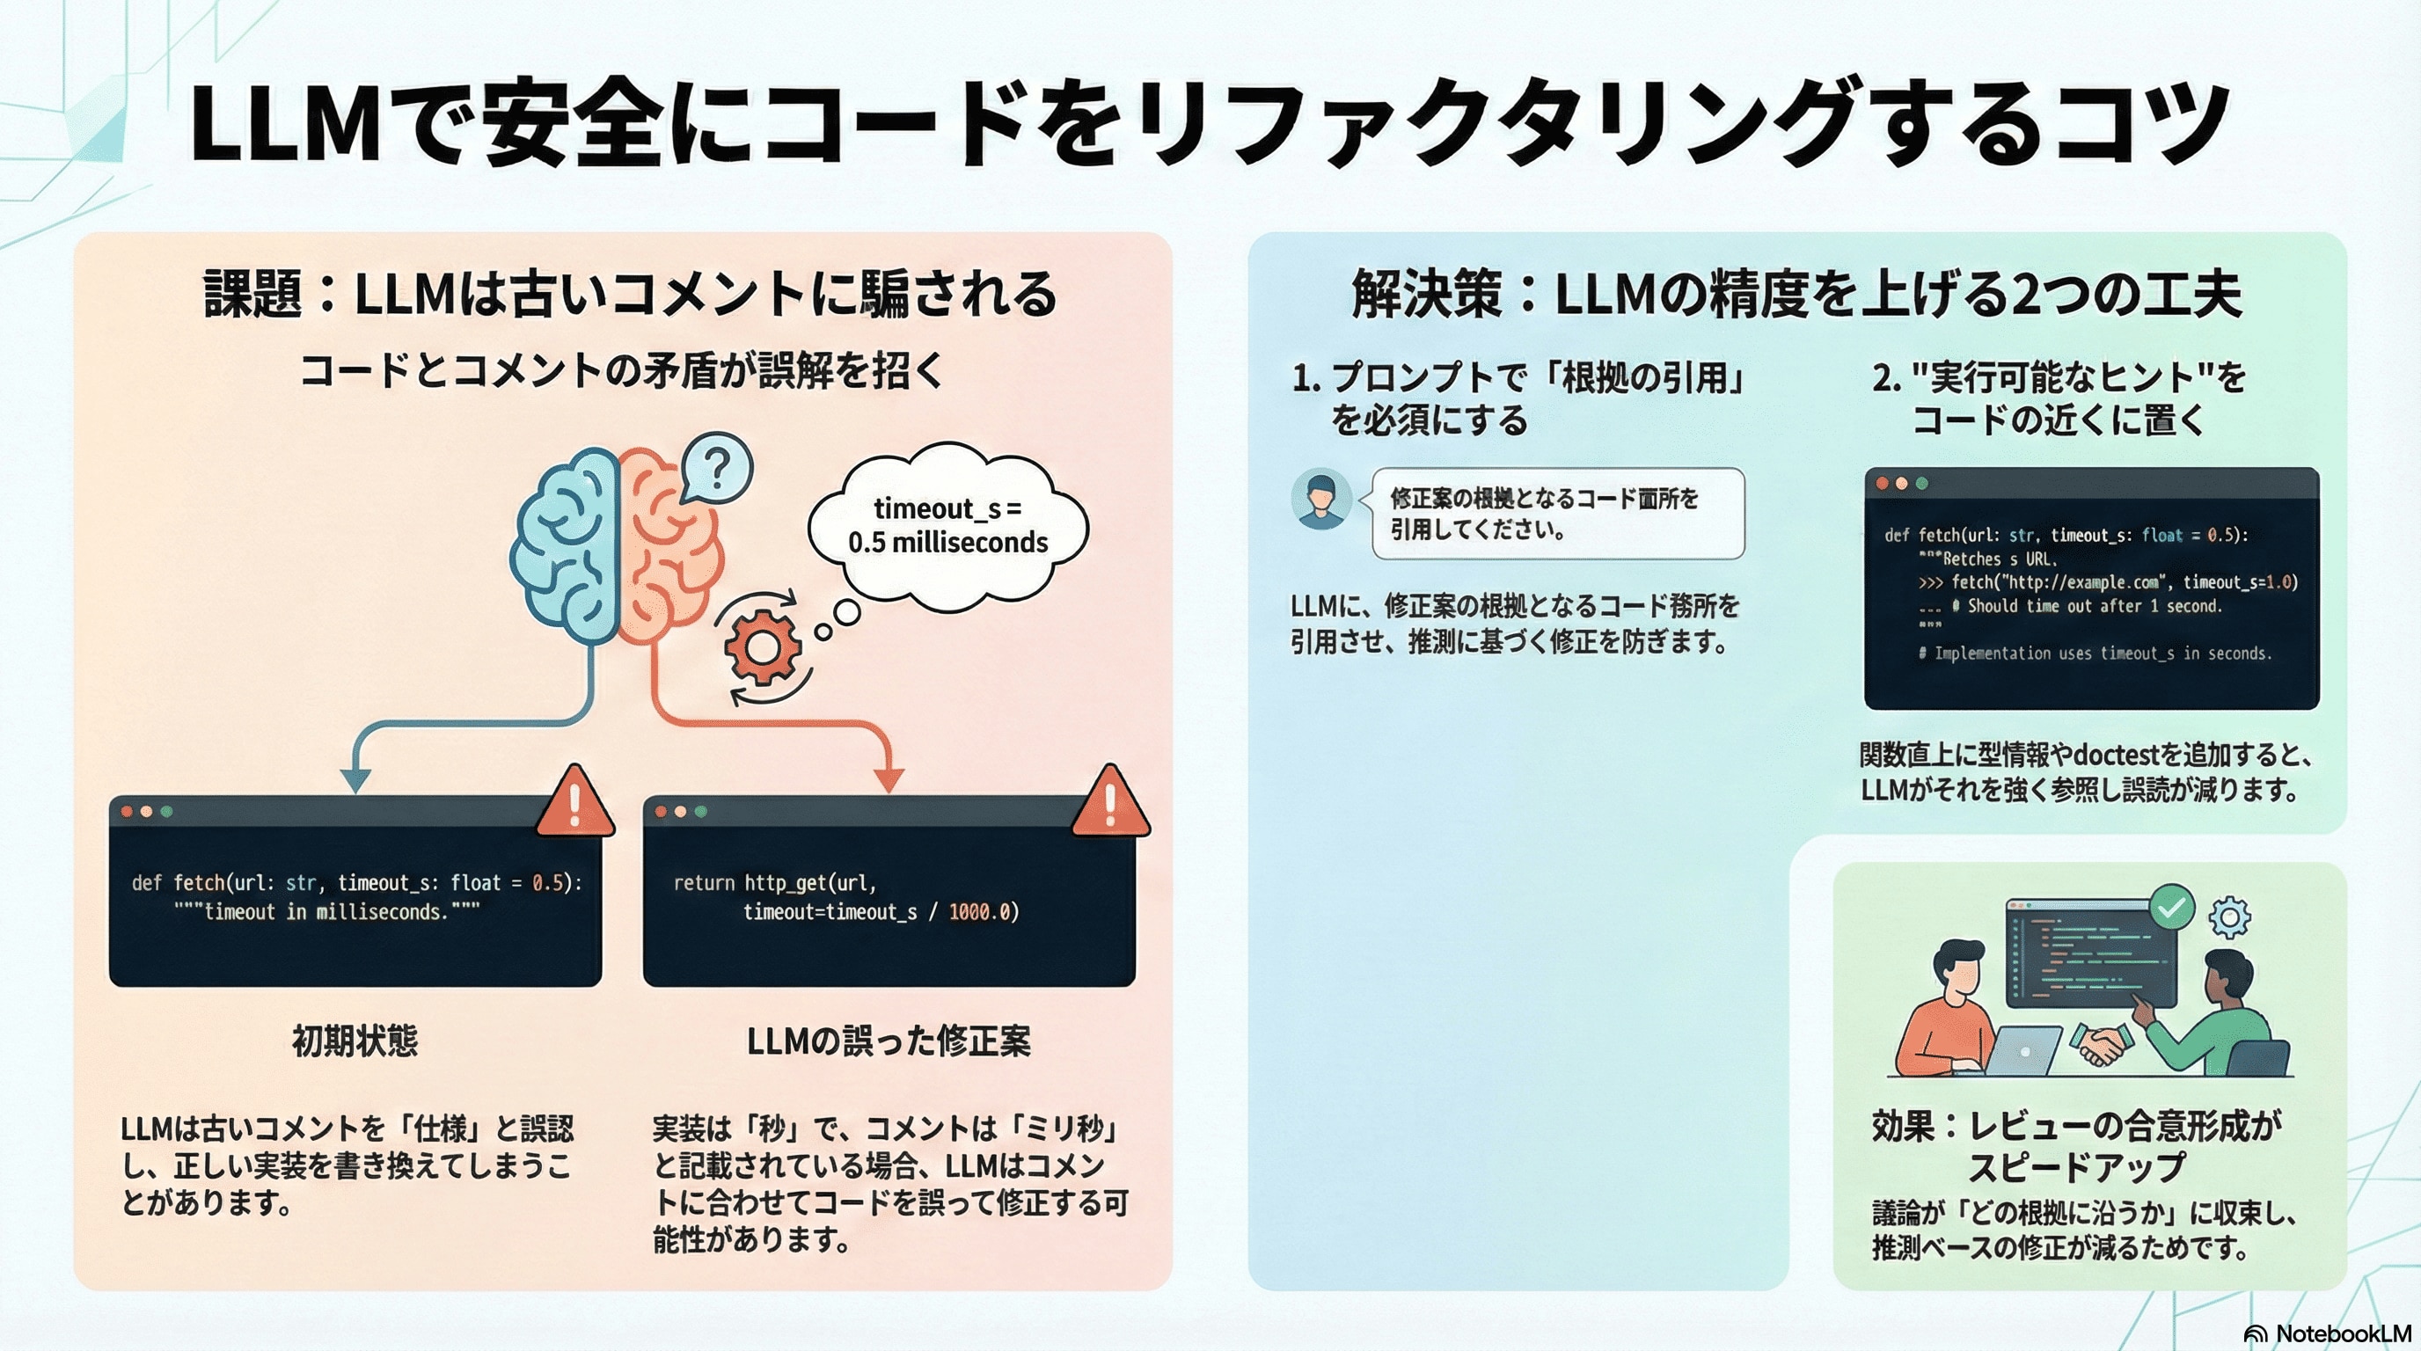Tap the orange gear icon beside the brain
click(x=761, y=647)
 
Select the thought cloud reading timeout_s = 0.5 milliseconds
click(x=947, y=526)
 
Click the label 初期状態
click(x=355, y=1041)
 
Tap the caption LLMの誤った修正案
click(x=889, y=1041)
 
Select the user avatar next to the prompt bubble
click(x=1321, y=499)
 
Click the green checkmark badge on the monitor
click(x=2172, y=908)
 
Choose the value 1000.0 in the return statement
click(x=979, y=912)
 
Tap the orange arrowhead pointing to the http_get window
click(x=889, y=780)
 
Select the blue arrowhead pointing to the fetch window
click(x=355, y=780)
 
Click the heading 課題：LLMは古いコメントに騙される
click(x=630, y=293)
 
